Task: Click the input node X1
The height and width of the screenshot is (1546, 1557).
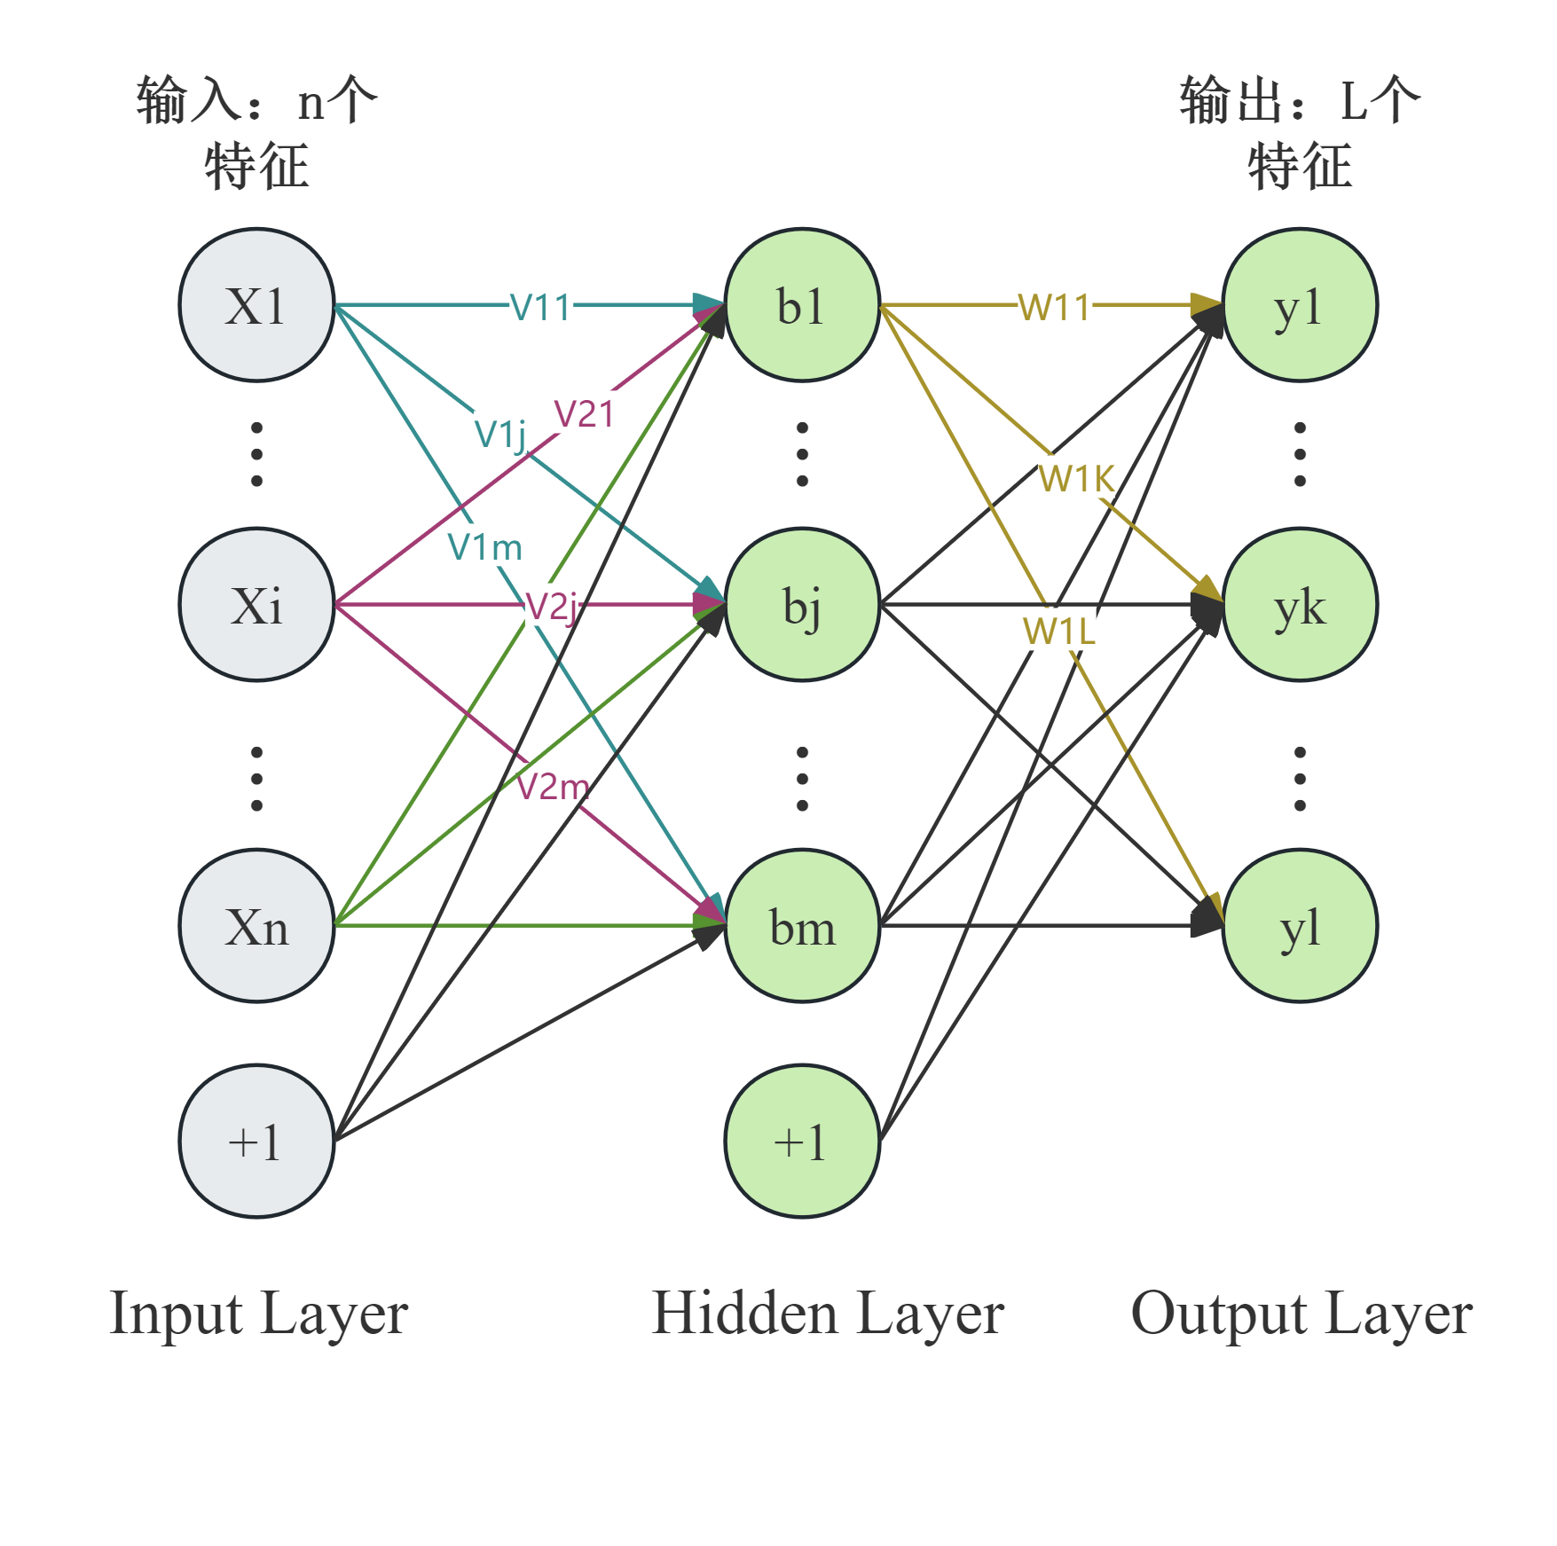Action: coord(256,306)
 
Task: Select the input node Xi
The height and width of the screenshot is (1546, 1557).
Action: coord(256,605)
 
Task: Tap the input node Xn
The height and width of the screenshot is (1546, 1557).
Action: coord(256,926)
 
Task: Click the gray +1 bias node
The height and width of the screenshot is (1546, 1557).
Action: coord(256,1141)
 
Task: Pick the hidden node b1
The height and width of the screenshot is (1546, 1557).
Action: coord(802,306)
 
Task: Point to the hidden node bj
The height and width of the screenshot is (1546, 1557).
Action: coord(802,605)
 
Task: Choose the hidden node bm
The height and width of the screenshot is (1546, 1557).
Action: coord(802,926)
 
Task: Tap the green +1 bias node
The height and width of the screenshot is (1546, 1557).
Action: coord(802,1141)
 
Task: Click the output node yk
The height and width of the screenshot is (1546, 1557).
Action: coord(1300,605)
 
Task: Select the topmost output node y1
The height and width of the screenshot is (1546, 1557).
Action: coord(1300,306)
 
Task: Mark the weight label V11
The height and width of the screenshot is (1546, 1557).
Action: coord(541,306)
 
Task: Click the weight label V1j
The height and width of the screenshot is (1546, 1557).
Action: coord(500,433)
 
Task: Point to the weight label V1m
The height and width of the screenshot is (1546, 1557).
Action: coord(484,545)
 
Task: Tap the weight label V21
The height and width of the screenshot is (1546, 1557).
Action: coord(586,412)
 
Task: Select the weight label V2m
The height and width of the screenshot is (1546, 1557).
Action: coord(553,786)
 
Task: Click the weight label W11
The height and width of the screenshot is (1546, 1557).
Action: coord(1054,306)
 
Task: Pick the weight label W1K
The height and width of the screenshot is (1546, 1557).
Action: coord(1076,477)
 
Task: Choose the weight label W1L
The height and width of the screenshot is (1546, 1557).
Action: coord(1058,630)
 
